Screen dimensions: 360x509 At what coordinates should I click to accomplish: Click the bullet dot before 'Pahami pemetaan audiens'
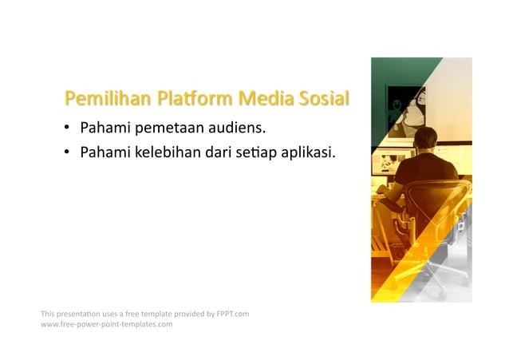69,128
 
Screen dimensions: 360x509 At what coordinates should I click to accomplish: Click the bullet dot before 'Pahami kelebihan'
69,151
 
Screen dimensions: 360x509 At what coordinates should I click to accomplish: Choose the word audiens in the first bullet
235,128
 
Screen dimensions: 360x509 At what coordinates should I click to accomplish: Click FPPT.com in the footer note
233,314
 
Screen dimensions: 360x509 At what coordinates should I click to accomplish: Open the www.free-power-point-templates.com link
106,324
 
